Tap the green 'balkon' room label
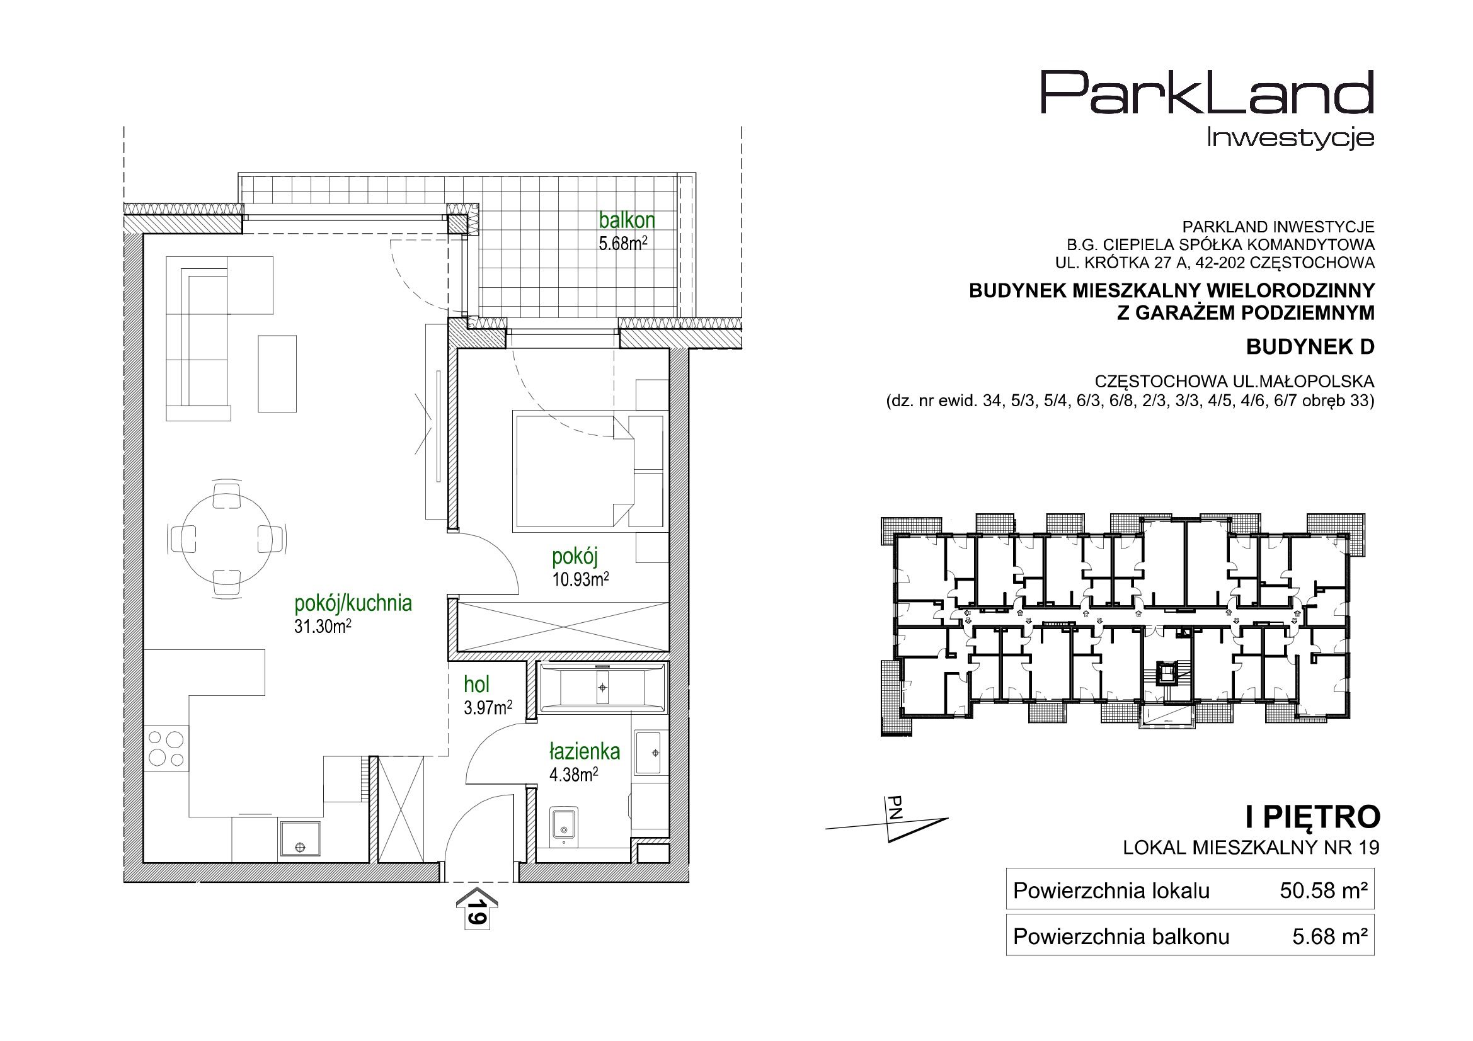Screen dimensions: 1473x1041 tap(627, 220)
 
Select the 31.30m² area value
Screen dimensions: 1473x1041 tap(322, 627)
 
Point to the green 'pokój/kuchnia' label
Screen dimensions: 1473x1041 tap(353, 603)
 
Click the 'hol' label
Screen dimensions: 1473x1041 tap(477, 685)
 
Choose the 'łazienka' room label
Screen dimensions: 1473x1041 tap(585, 751)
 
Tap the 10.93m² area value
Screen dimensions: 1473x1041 tap(580, 580)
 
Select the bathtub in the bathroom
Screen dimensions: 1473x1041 tap(602, 688)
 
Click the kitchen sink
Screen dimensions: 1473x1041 tap(301, 839)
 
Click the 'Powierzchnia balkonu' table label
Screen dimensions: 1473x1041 tap(1121, 937)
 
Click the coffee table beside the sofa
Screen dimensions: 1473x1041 tap(277, 373)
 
